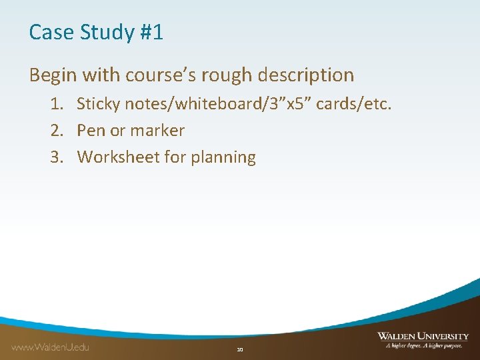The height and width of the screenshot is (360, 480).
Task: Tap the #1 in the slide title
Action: [151, 32]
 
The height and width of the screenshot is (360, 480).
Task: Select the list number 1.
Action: [55, 104]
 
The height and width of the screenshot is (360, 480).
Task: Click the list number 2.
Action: [55, 131]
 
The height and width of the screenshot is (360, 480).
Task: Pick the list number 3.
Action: [55, 157]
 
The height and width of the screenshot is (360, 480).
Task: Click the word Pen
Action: [90, 131]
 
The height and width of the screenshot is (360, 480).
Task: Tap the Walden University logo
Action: [423, 340]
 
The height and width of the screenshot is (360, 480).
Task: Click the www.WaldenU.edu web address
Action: [50, 347]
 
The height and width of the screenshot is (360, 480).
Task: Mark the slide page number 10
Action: [240, 349]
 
